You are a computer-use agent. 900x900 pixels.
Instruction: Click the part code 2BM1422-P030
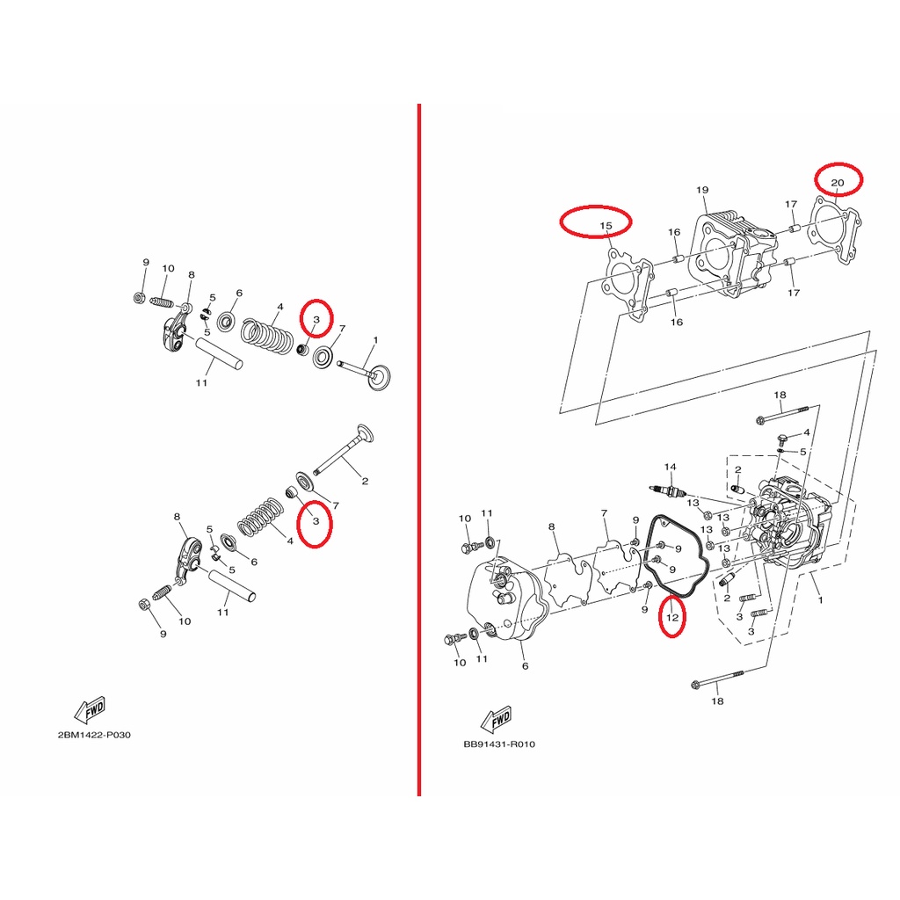pos(94,735)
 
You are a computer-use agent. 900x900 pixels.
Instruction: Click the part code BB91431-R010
pos(499,744)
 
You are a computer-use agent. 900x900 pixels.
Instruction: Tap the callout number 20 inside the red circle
pos(838,183)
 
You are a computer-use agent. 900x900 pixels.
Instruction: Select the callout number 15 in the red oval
pos(606,226)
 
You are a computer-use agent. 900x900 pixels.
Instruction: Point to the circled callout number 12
pos(672,618)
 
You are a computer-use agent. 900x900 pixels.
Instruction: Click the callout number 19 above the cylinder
pos(702,190)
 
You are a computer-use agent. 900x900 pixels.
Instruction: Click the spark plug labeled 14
pos(669,491)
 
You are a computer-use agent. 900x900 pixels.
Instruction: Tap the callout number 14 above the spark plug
pos(670,468)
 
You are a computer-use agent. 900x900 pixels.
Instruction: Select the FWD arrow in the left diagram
pos(91,709)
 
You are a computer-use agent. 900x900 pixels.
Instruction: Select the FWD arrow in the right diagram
pos(496,719)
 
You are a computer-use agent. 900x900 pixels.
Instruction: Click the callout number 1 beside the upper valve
pos(375,340)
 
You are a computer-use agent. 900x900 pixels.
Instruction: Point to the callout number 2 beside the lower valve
pos(365,481)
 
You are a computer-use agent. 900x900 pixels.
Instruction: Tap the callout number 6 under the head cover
pos(525,666)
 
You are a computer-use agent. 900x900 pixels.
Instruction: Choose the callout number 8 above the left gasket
pos(552,527)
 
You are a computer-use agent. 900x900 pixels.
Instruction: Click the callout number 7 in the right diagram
pos(604,513)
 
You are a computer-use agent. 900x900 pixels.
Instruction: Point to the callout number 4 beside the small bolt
pos(807,432)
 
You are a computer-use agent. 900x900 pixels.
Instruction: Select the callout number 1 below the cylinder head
pos(820,599)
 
